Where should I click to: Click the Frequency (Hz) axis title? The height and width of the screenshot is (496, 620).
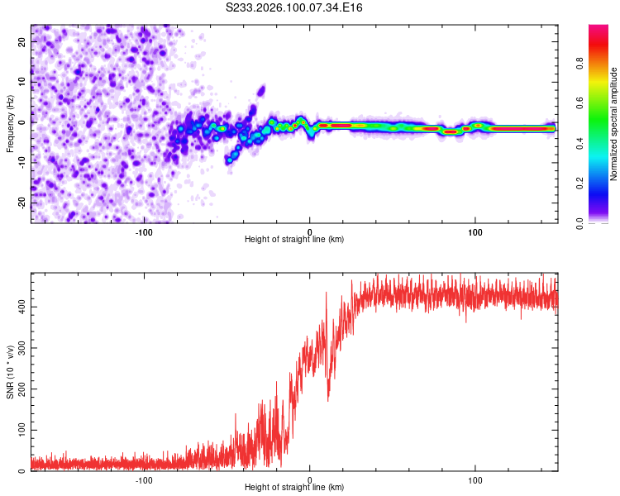pyautogui.click(x=10, y=124)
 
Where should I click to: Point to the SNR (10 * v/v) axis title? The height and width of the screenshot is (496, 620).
pyautogui.click(x=10, y=373)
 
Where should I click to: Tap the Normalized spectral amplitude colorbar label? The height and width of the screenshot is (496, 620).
pyautogui.click(x=614, y=124)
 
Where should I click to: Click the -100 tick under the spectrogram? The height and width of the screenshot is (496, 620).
pyautogui.click(x=144, y=231)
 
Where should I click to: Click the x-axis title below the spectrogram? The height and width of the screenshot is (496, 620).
pyautogui.click(x=294, y=240)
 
